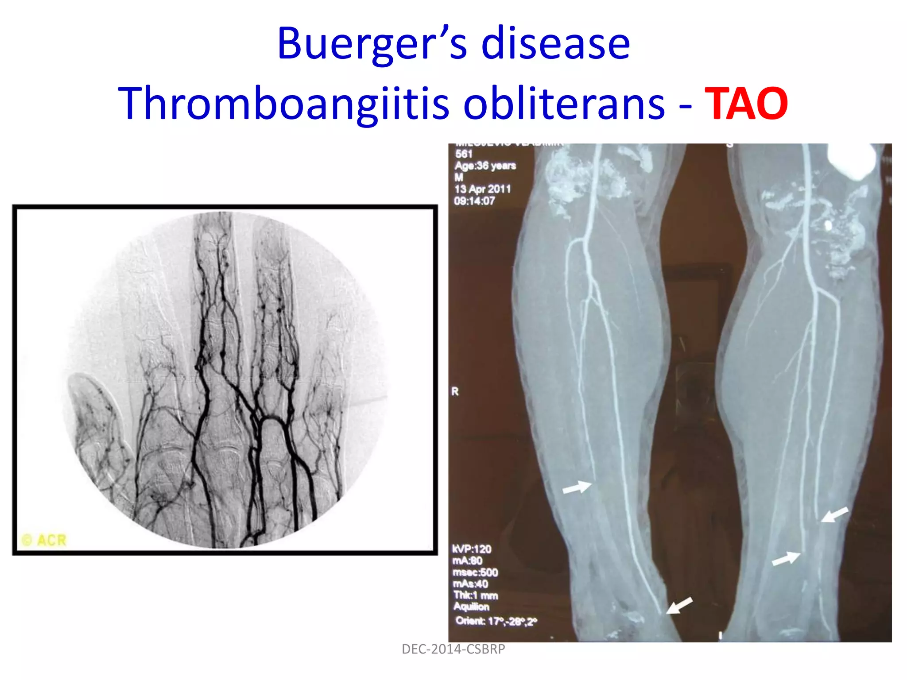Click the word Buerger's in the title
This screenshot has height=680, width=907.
371,43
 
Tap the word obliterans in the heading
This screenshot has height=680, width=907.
564,104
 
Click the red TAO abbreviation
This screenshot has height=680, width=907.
746,104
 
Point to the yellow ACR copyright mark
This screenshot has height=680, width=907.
44,540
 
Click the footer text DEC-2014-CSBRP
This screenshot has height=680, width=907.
453,649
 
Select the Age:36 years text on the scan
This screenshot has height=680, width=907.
485,166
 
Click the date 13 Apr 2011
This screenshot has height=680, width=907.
482,189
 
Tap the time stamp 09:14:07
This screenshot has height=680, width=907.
474,201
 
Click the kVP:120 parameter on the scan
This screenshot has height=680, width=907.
472,549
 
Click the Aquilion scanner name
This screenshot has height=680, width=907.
471,607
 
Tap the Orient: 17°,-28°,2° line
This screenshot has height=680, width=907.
496,621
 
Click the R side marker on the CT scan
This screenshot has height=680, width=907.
455,391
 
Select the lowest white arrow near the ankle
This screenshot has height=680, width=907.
679,605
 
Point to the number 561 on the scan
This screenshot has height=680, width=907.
464,154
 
